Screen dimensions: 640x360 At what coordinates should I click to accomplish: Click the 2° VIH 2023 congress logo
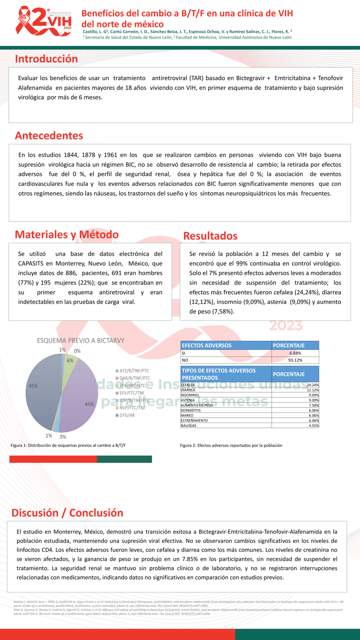click(44, 22)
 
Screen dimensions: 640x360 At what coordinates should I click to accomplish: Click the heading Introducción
click(46, 59)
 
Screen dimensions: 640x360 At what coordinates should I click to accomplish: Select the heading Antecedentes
click(49, 135)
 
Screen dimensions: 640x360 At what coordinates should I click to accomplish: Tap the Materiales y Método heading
click(66, 234)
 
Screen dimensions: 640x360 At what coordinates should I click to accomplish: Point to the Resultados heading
click(210, 236)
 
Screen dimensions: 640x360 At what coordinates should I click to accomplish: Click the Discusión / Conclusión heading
click(67, 513)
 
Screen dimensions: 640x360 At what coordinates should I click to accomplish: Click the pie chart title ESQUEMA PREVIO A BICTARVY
click(80, 340)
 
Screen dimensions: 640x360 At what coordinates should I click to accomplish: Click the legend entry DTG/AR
click(127, 415)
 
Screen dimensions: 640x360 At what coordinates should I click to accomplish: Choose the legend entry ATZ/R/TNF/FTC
click(134, 371)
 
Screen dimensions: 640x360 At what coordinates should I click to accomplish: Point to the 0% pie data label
click(77, 351)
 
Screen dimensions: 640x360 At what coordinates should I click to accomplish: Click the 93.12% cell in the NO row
click(295, 360)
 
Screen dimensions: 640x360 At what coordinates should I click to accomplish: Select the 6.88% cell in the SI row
click(295, 353)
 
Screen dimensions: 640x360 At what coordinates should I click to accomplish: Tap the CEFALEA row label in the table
click(188, 385)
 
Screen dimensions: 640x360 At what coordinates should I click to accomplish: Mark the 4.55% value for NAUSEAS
click(313, 426)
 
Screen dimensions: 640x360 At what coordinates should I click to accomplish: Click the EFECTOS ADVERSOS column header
click(207, 345)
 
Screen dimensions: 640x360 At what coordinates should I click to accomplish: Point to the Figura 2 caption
click(231, 445)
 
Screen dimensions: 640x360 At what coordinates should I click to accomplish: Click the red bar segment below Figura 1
click(53, 459)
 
